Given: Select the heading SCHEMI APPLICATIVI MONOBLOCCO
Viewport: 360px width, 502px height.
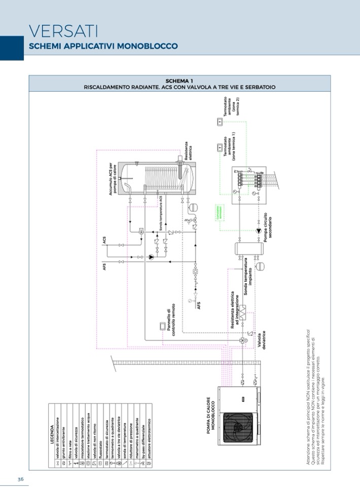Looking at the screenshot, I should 103,46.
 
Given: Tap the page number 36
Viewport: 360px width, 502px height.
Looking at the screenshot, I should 20,479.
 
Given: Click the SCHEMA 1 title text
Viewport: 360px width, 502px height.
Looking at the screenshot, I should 179,81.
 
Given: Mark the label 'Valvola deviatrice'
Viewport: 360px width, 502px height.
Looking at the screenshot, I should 261,340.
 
